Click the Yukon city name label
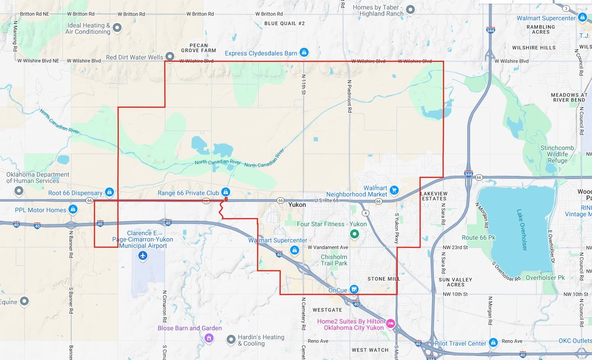point(297,205)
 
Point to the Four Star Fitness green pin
point(354,233)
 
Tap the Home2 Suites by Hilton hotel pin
point(390,323)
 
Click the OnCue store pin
point(354,289)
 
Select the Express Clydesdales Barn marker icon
point(304,53)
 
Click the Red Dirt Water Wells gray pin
point(170,57)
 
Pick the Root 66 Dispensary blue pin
point(109,192)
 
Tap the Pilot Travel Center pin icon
point(493,343)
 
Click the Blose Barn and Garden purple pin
point(208,337)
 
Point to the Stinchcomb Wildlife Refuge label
point(557,154)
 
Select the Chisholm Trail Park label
point(334,260)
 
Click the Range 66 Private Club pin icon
point(226,192)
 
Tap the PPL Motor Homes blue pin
point(73,210)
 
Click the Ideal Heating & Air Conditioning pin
point(117,28)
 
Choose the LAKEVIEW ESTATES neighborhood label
point(433,196)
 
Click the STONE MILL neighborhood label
point(383,279)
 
